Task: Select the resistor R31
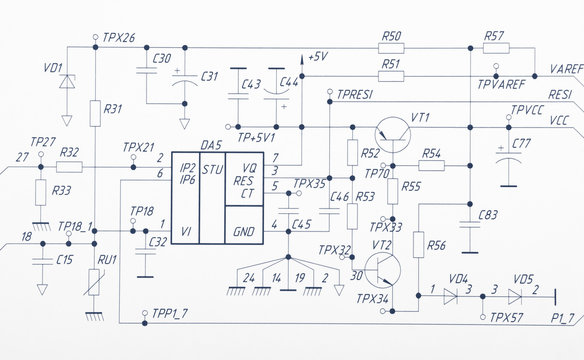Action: pos(94,111)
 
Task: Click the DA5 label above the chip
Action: pos(211,145)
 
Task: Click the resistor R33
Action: pos(40,192)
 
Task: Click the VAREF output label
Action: pos(566,70)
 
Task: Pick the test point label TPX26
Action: pos(119,37)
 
